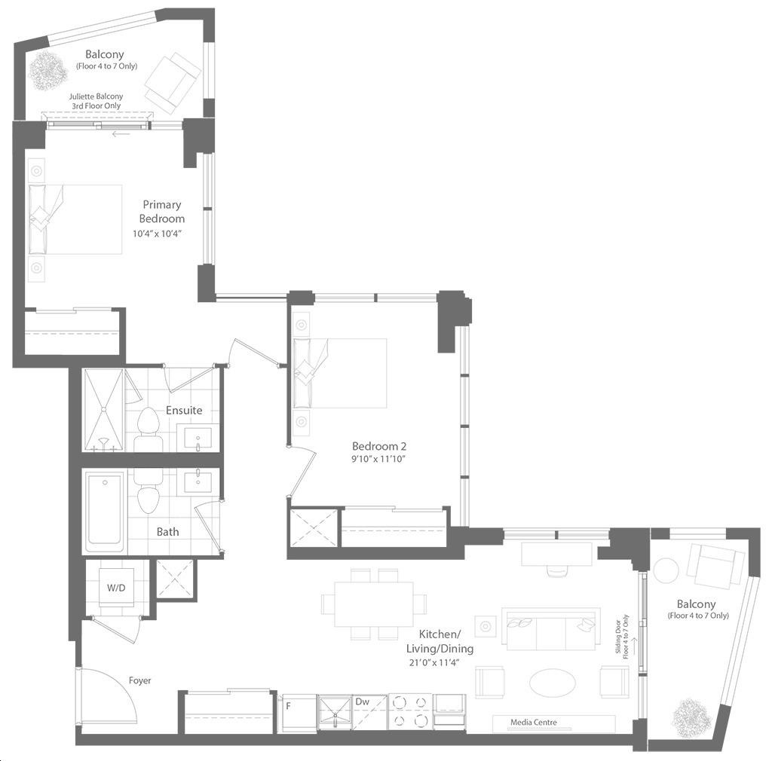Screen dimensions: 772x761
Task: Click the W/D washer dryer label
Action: coord(116,588)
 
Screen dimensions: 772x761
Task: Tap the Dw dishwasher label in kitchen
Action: coord(362,701)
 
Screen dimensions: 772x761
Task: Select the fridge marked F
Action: coord(297,713)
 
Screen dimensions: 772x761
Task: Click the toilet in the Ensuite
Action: coord(149,429)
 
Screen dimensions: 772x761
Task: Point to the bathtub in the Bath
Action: coord(104,512)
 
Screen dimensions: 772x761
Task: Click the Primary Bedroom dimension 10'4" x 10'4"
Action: coord(157,234)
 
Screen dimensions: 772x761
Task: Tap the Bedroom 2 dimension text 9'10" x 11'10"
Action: coord(378,459)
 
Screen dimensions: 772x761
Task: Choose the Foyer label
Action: coord(139,680)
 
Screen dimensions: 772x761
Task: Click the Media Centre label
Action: coord(534,722)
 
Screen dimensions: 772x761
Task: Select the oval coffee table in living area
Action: coord(552,683)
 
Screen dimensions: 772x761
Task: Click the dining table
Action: coord(374,604)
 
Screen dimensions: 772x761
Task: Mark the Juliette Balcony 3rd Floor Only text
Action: coord(96,101)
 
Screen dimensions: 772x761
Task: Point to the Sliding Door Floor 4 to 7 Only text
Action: coord(622,637)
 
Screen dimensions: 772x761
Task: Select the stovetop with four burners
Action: coord(409,711)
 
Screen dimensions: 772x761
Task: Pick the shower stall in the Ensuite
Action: coord(103,410)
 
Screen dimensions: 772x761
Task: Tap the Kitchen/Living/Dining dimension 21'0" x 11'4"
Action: coord(434,662)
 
